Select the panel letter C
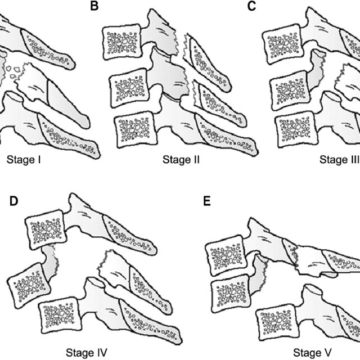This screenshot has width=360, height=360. tap(251, 7)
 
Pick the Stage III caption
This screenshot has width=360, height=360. tap(339, 159)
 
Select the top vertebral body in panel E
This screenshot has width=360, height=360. tap(225, 255)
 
